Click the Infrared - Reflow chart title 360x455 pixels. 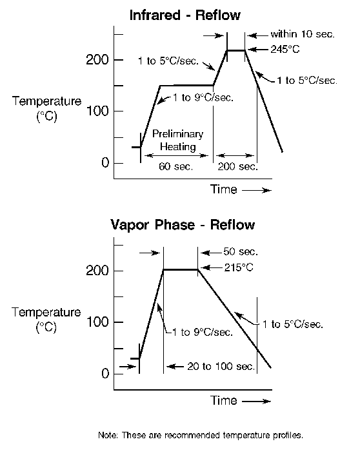point(185,15)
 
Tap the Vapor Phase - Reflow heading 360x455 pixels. point(183,225)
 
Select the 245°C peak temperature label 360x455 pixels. point(285,50)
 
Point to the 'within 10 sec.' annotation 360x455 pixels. point(303,34)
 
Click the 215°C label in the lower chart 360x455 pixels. point(239,267)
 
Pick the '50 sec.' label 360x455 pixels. point(241,251)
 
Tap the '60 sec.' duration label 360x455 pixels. point(175,166)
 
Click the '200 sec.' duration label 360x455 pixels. point(237,166)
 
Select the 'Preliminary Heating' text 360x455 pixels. point(178,140)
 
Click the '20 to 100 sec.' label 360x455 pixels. point(221,366)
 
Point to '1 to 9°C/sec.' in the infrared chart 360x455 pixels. point(203,97)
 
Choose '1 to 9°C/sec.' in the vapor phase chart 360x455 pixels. point(203,332)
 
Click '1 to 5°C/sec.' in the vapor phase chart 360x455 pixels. point(293,324)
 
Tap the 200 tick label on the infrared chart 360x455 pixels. point(97,60)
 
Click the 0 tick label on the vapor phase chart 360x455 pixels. point(105,373)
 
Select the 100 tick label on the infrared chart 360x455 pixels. point(97,111)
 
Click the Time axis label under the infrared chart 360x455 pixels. point(224,189)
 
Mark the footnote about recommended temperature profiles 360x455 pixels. point(201,435)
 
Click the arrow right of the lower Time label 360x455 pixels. point(256,402)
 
